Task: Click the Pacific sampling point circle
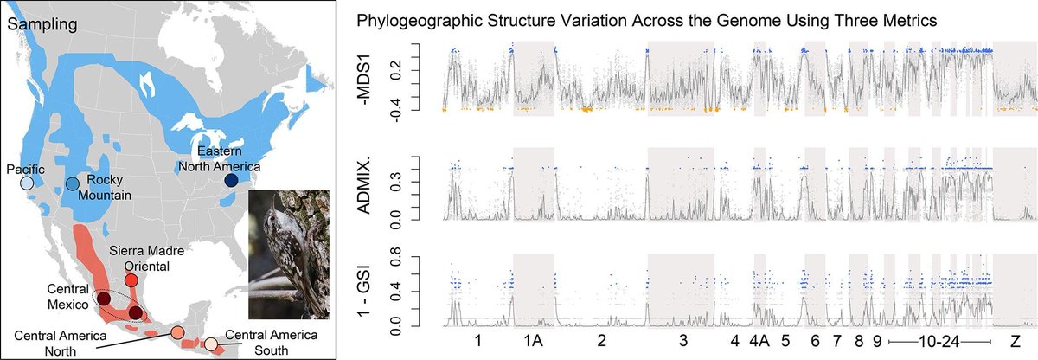tap(28, 183)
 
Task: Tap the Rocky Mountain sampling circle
tap(72, 183)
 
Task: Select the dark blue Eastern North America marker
tap(231, 180)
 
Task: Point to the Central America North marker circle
tap(176, 332)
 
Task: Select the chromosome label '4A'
tap(759, 341)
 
